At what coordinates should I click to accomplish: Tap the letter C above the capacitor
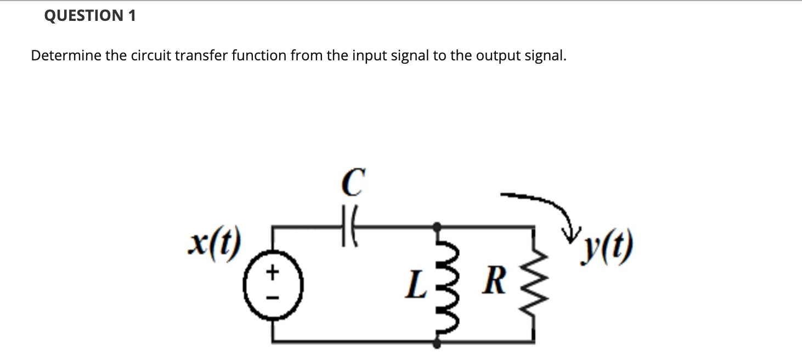coord(352,183)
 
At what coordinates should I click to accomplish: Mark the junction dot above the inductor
coord(437,225)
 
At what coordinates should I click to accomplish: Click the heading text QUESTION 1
coord(89,16)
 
